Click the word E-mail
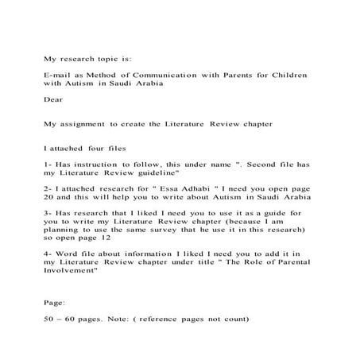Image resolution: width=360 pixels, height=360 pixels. (56, 74)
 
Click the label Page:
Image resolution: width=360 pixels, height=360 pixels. (55, 304)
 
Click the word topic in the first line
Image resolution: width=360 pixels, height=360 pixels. (107, 58)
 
